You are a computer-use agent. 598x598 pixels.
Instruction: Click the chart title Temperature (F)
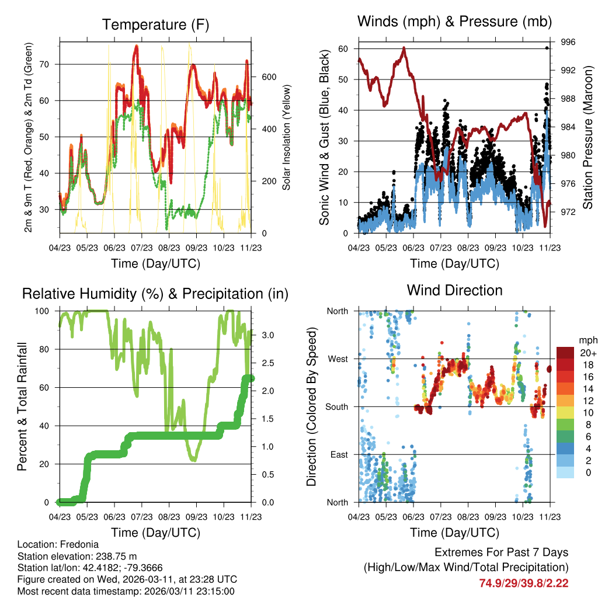[x=155, y=25]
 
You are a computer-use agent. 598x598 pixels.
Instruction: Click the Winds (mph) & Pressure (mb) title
[x=455, y=22]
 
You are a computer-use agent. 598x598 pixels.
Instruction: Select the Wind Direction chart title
[x=455, y=290]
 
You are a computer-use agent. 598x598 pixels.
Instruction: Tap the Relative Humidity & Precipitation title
[x=155, y=293]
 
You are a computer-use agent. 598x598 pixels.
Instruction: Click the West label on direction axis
[x=338, y=359]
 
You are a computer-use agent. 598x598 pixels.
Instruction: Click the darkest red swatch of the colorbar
[x=565, y=353]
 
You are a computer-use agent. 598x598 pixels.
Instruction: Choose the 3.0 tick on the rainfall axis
[x=268, y=335]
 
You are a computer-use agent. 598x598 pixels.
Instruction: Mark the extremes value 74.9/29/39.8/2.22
[x=523, y=583]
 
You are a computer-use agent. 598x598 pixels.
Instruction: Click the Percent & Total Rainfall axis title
[x=23, y=406]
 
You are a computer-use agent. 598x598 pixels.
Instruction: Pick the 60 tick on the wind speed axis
[x=343, y=49]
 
